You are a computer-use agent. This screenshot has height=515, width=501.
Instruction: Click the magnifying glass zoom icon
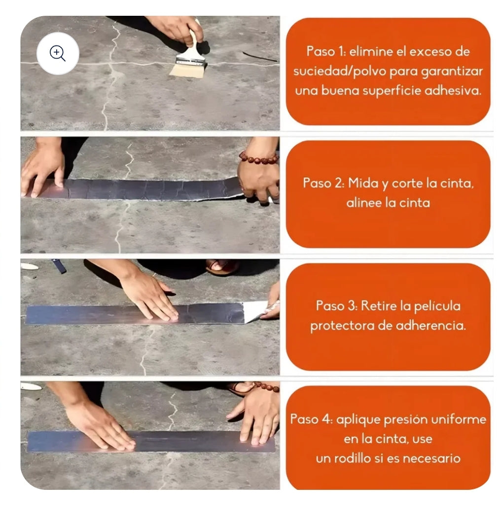tap(58, 53)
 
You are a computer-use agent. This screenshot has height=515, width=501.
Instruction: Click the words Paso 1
tap(323, 51)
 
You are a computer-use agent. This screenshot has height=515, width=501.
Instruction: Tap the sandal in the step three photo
tap(222, 267)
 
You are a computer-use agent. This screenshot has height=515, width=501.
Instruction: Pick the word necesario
tap(431, 458)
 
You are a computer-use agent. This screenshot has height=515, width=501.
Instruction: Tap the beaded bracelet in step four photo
tap(267, 387)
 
